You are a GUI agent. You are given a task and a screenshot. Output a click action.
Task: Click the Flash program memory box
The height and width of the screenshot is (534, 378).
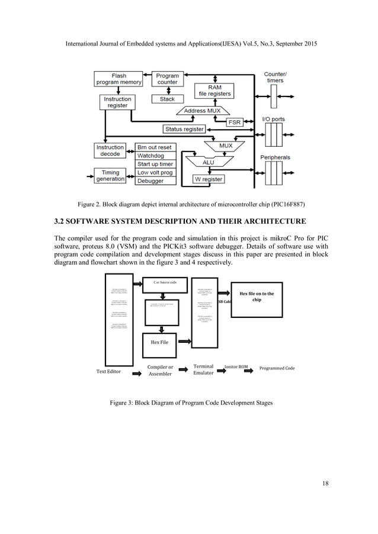[119, 79]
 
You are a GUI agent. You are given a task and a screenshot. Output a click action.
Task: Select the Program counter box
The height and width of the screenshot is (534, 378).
[168, 79]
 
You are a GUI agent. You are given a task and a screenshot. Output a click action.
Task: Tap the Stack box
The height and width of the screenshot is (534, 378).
[168, 99]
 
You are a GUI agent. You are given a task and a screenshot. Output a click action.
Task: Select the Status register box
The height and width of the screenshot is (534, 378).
[184, 129]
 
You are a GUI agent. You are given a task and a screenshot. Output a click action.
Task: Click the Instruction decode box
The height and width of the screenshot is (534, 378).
[110, 150]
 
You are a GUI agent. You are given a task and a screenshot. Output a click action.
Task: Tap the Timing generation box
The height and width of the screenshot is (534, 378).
[110, 176]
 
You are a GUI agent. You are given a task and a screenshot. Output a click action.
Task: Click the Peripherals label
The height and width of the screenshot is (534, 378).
[275, 158]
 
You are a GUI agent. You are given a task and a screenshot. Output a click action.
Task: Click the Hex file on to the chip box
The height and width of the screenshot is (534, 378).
[257, 296]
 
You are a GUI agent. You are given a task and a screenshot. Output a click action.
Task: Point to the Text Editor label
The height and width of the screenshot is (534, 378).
[108, 372]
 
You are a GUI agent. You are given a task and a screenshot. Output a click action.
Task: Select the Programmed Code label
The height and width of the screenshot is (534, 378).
[277, 368]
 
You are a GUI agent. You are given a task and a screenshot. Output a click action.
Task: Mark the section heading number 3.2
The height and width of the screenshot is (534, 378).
[60, 221]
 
